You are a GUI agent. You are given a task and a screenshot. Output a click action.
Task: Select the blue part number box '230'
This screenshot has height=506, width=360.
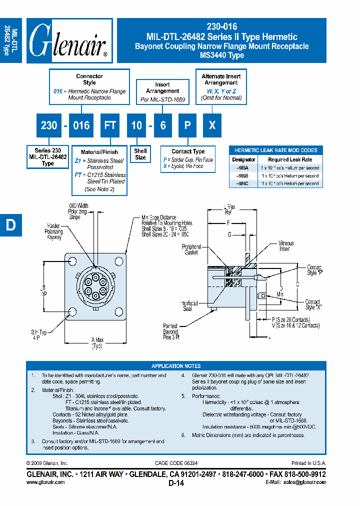[x=48, y=125]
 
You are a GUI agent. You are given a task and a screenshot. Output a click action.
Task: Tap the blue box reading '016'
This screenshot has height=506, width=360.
[x=81, y=125]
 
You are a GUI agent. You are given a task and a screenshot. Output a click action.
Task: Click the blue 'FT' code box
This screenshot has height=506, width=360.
[x=109, y=125]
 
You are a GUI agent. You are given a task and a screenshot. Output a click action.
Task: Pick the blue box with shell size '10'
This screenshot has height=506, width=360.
[x=136, y=125]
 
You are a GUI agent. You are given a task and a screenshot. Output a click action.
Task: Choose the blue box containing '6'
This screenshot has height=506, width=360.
[x=163, y=125]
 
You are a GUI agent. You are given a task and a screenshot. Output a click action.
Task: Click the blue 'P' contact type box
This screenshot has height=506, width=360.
[x=187, y=125]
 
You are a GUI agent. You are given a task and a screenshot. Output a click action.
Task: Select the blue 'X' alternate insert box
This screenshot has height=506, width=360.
[x=212, y=125]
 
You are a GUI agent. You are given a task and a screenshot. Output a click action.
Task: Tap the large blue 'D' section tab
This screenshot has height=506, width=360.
[x=10, y=225]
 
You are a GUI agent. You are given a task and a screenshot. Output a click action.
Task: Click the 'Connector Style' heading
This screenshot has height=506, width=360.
[x=89, y=79]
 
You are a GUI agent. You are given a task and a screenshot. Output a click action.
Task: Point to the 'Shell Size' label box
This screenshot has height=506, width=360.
[x=140, y=154]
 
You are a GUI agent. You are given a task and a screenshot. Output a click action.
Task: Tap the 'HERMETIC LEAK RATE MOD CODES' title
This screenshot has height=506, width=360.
[x=275, y=150]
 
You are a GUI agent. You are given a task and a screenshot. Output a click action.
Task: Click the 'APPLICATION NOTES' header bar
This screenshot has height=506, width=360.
[x=176, y=365]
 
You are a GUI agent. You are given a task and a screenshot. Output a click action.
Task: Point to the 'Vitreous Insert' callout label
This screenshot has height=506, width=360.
[x=286, y=246]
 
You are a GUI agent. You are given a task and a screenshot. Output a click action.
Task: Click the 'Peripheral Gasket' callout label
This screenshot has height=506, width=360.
[x=191, y=249]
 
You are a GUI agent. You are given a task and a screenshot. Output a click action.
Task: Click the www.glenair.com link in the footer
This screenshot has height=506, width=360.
[x=45, y=482]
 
